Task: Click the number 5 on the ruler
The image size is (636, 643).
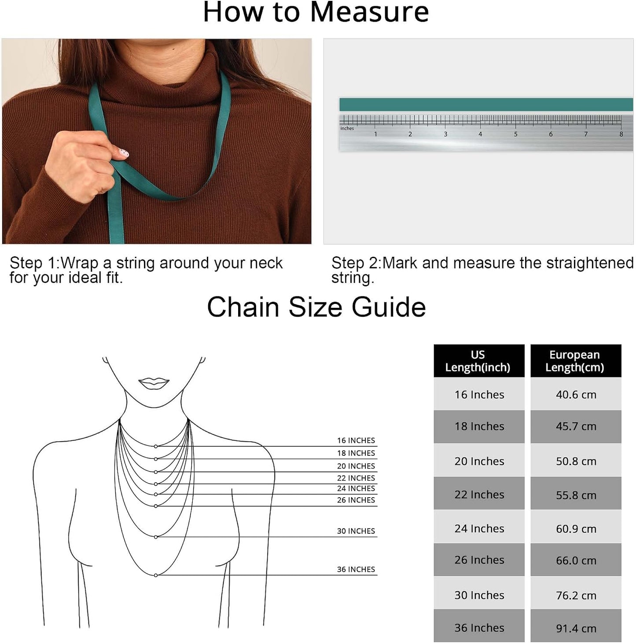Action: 515,134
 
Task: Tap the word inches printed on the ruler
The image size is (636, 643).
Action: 347,128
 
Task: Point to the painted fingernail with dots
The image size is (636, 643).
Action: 124,153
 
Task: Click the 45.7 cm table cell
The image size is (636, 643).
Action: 576,426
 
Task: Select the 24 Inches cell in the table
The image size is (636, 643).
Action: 479,528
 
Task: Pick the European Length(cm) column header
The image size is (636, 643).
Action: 576,361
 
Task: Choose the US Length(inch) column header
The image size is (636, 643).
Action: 479,361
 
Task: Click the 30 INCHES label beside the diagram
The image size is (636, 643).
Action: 356,531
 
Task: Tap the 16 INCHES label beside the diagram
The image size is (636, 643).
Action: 356,440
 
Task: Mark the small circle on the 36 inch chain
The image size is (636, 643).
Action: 156,575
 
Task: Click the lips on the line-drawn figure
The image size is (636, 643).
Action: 154,384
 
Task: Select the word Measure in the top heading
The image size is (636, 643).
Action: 369,12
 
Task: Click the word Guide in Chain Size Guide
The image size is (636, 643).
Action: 389,307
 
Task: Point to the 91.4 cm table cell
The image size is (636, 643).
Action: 576,628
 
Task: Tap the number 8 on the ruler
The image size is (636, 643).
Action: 621,134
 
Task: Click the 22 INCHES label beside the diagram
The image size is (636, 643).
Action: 356,478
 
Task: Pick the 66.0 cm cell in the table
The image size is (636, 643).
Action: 576,560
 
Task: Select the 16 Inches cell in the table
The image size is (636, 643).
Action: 479,395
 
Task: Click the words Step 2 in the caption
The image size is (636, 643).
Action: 355,263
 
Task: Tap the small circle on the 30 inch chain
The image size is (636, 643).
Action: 156,537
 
